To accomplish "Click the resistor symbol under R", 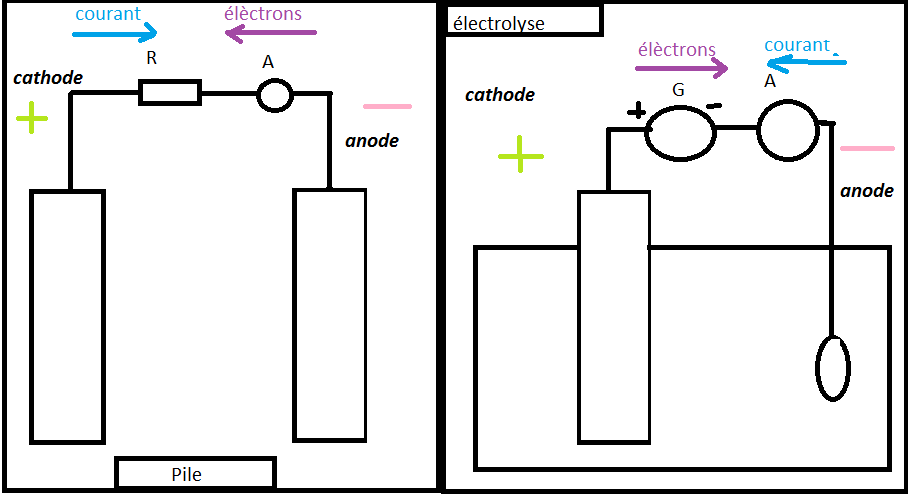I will tap(170, 94).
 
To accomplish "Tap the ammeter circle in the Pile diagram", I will tap(274, 95).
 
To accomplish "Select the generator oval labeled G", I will tap(681, 133).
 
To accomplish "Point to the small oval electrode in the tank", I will tap(833, 367).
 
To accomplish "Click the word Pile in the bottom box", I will tap(186, 474).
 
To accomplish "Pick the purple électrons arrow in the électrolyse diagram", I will tap(682, 69).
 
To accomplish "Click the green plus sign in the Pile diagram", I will tap(32, 120).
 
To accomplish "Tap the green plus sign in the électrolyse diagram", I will tap(520, 155).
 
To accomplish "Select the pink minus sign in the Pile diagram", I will tap(387, 106).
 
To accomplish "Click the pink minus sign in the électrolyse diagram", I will tap(867, 149).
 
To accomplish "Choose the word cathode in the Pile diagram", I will tap(48, 77).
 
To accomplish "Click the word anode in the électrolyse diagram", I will tap(866, 190).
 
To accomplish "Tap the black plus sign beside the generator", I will tap(636, 111).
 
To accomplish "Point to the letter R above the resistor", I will tap(152, 58).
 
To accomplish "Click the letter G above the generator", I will tap(678, 90).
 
